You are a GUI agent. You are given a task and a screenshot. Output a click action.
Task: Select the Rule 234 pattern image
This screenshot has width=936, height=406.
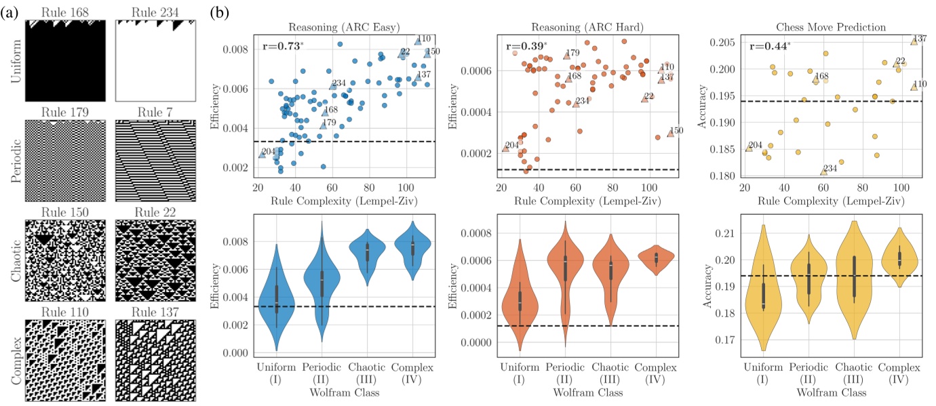coord(155,60)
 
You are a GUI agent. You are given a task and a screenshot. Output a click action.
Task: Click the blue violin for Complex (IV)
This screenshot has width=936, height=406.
coord(412,249)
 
